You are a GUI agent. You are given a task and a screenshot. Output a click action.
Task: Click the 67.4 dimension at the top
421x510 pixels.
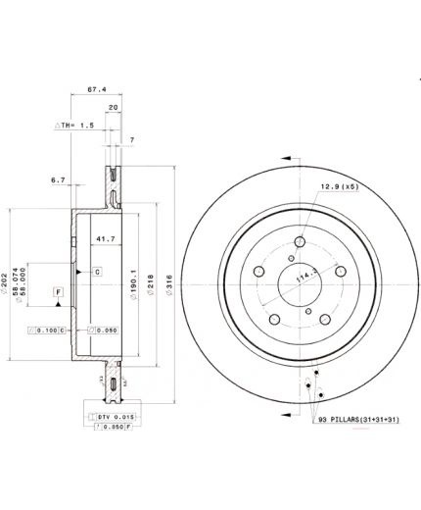(96, 88)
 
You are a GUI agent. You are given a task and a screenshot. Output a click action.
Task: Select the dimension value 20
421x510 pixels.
(114, 108)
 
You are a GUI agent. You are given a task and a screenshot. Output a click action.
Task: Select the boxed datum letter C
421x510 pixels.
(97, 271)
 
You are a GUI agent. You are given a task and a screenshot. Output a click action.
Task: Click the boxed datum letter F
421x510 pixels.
(58, 293)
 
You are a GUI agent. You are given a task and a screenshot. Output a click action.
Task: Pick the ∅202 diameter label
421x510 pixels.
(12, 284)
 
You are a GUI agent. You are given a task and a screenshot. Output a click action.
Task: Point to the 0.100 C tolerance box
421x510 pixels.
(47, 331)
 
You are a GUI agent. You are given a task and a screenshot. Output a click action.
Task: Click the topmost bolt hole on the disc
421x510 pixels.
(300, 245)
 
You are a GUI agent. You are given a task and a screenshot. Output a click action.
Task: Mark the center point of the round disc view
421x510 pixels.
(300, 290)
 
